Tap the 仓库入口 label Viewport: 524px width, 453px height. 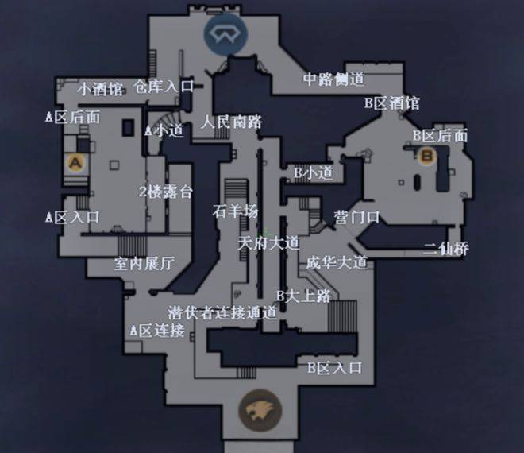click(164, 86)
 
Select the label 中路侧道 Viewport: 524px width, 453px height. click(334, 79)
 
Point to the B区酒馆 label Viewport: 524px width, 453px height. click(391, 103)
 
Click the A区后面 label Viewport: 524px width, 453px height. click(72, 117)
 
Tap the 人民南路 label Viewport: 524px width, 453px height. click(231, 122)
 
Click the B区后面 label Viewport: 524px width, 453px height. click(440, 135)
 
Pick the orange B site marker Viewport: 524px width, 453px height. click(427, 156)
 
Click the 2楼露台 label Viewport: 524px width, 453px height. click(165, 191)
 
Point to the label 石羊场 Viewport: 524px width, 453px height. click(236, 211)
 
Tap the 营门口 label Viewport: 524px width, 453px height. click(356, 216)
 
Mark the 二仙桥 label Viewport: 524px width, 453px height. click(445, 249)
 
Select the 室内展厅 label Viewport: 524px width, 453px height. click(144, 264)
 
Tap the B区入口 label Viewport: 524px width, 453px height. click(334, 367)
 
